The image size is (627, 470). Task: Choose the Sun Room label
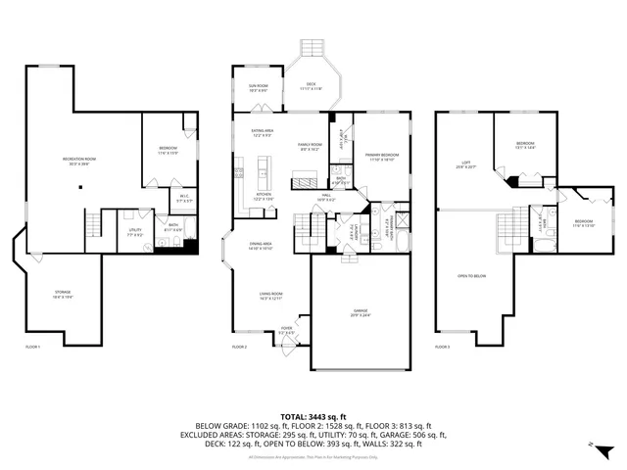pos(259,88)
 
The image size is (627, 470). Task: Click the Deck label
pos(312,88)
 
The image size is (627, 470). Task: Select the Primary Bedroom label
pos(382,156)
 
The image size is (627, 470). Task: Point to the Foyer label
pos(286,331)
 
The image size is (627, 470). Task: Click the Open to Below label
pos(471,276)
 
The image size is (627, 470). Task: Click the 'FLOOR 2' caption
pos(239,347)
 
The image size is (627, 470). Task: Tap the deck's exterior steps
pos(312,48)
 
